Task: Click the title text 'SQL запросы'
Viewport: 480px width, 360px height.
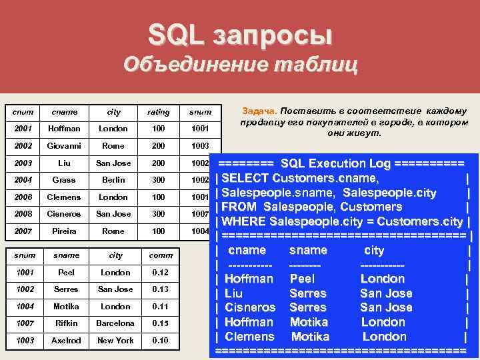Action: (x=239, y=35)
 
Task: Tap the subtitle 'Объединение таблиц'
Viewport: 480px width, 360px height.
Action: (x=240, y=65)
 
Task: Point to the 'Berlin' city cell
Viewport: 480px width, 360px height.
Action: (x=113, y=180)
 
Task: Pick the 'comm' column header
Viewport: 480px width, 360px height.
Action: (x=160, y=255)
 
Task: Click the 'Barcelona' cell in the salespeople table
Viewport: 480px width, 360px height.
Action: (x=115, y=323)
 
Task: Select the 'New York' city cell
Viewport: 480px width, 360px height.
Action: (x=115, y=340)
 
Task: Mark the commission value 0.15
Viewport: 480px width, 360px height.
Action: (x=160, y=323)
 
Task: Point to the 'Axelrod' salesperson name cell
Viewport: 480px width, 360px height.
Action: (x=65, y=340)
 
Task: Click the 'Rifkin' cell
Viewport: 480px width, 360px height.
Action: (x=65, y=323)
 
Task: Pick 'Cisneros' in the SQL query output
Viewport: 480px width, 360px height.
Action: (x=250, y=307)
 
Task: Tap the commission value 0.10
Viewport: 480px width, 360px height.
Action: (x=160, y=340)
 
